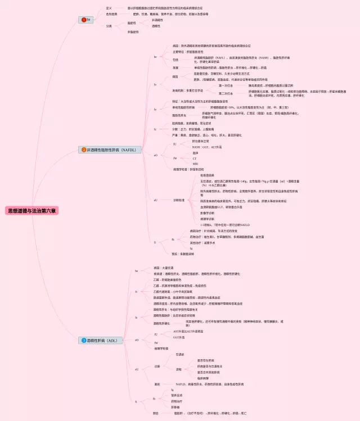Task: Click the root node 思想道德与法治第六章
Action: point(32,211)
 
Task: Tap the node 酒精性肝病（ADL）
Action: point(101,340)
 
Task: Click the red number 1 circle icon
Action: point(84,20)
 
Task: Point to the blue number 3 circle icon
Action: point(84,340)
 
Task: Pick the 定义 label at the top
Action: point(109,8)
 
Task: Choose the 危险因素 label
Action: point(111,13)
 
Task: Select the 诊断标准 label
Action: point(179,200)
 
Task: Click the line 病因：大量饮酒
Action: point(164,268)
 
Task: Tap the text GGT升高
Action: point(180,337)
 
